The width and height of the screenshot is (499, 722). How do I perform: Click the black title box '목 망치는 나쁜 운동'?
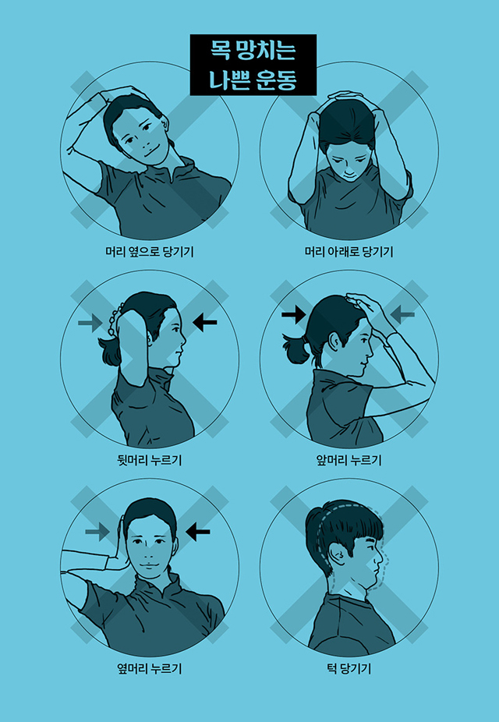pyautogui.click(x=253, y=65)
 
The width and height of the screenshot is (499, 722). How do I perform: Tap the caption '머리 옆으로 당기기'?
pyautogui.click(x=150, y=252)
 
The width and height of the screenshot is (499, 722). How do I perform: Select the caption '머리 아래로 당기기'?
pyautogui.click(x=349, y=252)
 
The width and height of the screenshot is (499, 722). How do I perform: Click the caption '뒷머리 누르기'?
pyautogui.click(x=150, y=460)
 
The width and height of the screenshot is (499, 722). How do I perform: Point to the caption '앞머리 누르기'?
pyautogui.click(x=349, y=460)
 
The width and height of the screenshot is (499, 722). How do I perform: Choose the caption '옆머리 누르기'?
pyautogui.click(x=150, y=668)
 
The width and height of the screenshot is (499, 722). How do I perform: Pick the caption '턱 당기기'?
pyautogui.click(x=349, y=668)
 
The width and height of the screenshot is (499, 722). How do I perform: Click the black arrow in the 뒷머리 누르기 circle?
pyautogui.click(x=205, y=322)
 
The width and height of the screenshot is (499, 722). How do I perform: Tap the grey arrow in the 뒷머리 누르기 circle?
pyautogui.click(x=90, y=322)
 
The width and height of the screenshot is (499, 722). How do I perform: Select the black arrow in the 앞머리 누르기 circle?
pyautogui.click(x=294, y=315)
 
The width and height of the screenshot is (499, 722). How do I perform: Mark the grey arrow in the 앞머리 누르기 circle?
pyautogui.click(x=402, y=315)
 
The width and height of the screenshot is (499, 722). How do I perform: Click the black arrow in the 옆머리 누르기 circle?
pyautogui.click(x=198, y=533)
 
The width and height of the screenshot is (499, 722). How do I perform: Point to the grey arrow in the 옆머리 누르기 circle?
pyautogui.click(x=97, y=533)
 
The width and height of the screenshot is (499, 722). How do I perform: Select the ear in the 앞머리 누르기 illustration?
pyautogui.click(x=335, y=342)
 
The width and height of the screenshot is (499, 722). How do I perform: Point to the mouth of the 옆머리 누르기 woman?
pyautogui.click(x=150, y=565)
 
